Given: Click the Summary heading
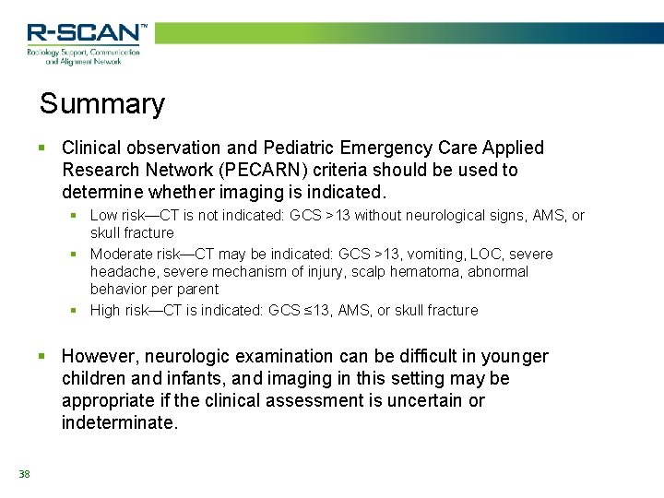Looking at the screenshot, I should pyautogui.click(x=101, y=103).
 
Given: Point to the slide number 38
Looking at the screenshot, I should pyautogui.click(x=24, y=474).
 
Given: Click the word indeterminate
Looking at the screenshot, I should pyautogui.click(x=119, y=422).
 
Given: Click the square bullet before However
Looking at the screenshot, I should pyautogui.click(x=41, y=356).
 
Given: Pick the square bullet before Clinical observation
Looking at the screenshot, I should pyautogui.click(x=41, y=148).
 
